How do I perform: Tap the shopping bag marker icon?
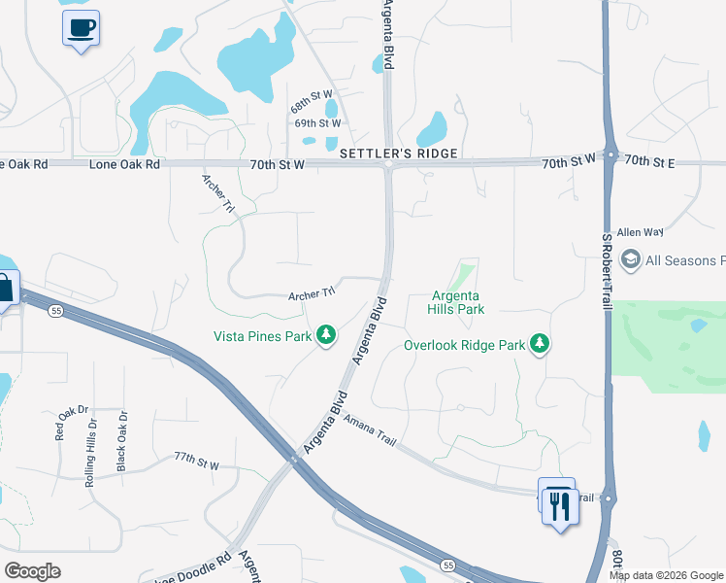[x=5, y=289]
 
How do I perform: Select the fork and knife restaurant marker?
[x=559, y=505]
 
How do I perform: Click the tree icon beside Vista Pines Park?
[x=327, y=336]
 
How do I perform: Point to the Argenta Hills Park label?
[x=456, y=302]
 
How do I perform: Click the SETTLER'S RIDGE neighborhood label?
[x=398, y=154]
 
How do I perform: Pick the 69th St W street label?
[x=317, y=123]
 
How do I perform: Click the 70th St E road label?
[x=649, y=161]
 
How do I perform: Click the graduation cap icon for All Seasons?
[x=631, y=259]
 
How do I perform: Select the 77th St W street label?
[x=197, y=461]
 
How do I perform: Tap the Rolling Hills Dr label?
[x=92, y=446]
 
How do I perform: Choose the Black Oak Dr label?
[x=122, y=441]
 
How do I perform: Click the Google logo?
[x=32, y=571]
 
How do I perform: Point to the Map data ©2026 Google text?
[x=666, y=575]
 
